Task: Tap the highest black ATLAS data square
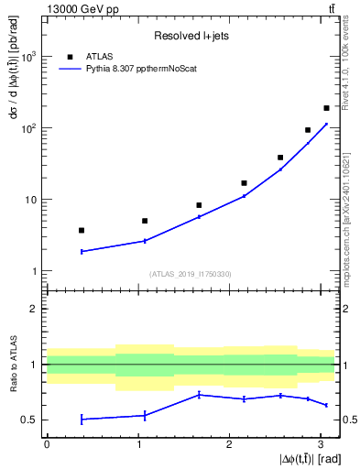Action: tap(326, 108)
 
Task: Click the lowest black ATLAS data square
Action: tap(82, 230)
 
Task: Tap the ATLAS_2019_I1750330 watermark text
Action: tap(191, 274)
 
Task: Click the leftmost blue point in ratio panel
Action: tap(82, 419)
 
